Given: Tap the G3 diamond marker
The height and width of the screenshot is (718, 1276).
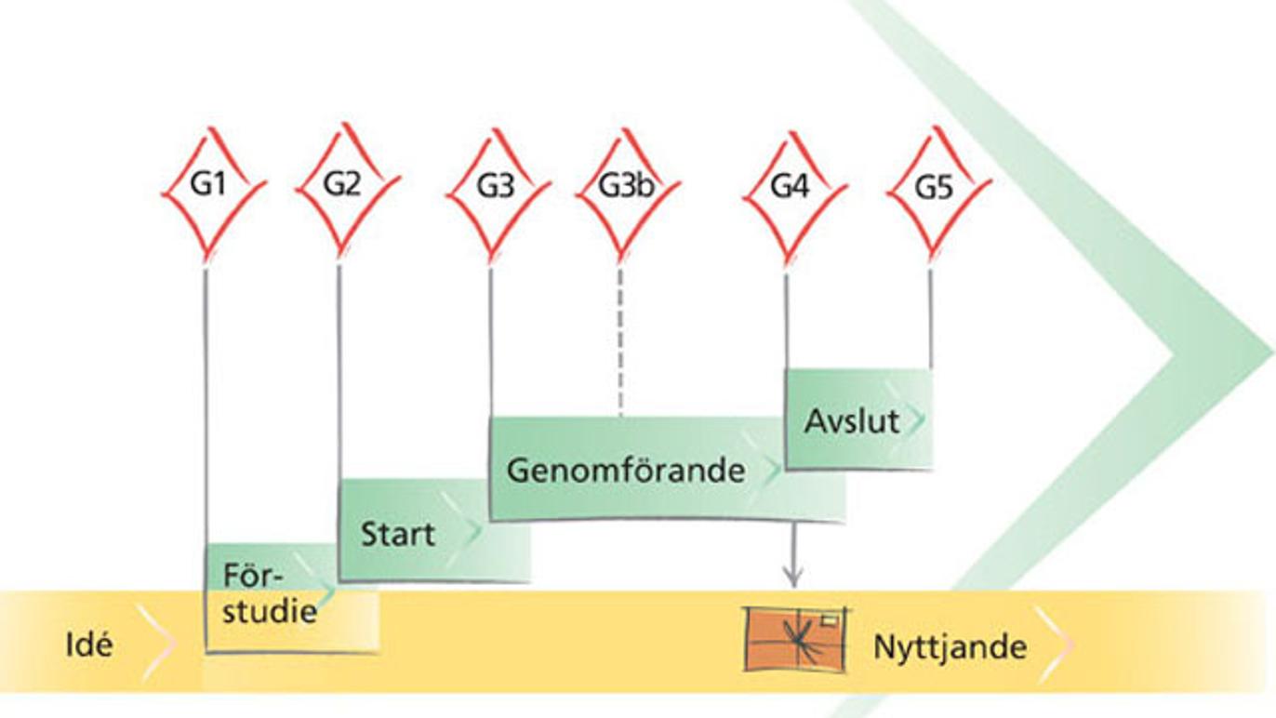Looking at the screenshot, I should click(495, 187).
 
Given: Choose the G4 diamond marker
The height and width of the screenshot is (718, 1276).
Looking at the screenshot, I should click(790, 187).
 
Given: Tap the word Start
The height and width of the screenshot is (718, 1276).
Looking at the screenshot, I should click(397, 535).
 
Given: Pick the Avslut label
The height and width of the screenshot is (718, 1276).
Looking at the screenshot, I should click(852, 421).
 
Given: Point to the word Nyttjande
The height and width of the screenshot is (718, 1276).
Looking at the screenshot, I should click(950, 647).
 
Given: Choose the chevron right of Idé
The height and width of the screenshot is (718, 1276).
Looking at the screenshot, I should click(156, 641).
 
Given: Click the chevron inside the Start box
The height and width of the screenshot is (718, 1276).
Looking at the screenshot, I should click(470, 533).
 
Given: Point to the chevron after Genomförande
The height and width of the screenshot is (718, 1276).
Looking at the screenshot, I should click(772, 471).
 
